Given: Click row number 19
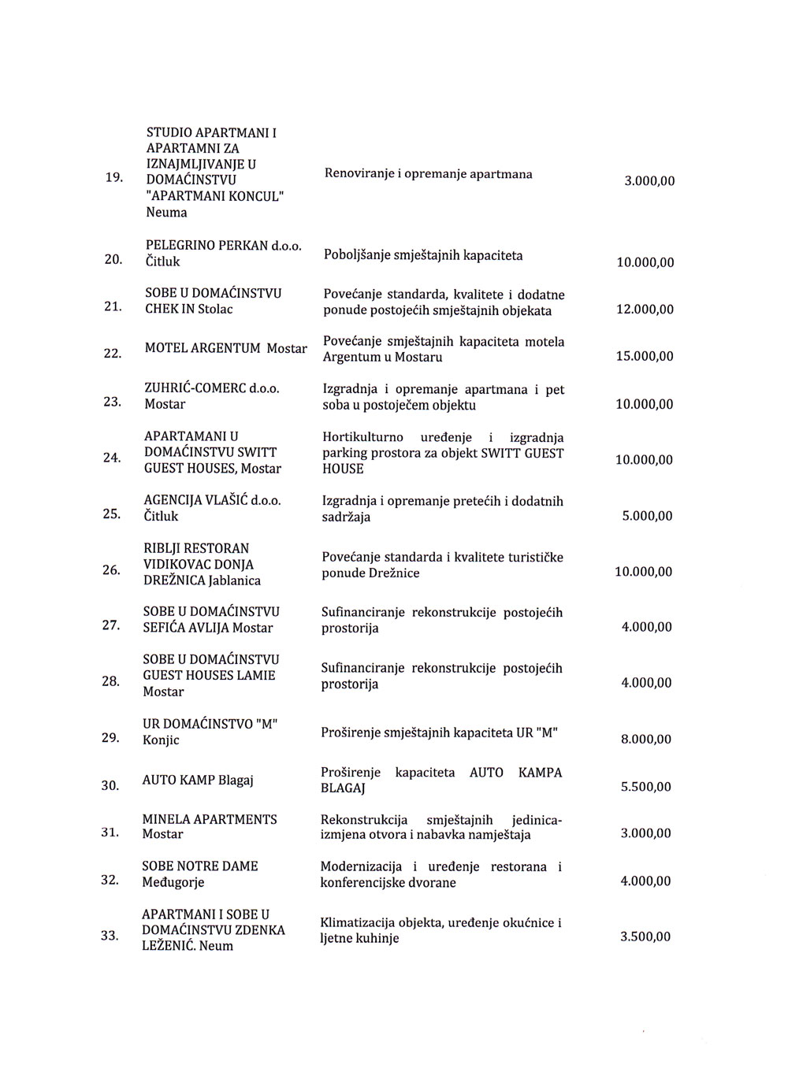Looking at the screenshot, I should (113, 179).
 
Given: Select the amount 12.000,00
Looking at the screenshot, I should (645, 310).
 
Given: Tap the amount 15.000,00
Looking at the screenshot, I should (645, 356).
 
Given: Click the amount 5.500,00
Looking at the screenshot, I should (646, 786).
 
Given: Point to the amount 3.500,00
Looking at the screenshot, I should (645, 936).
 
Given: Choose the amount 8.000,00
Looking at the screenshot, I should (646, 739).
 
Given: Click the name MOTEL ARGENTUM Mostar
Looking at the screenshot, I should (226, 348).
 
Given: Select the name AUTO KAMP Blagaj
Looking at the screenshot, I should (198, 780).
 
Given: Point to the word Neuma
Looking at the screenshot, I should (166, 212).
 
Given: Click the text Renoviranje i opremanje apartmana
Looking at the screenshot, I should (428, 173).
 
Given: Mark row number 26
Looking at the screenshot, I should (111, 569).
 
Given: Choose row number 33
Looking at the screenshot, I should (109, 935).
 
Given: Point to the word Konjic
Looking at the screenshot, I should (161, 740).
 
